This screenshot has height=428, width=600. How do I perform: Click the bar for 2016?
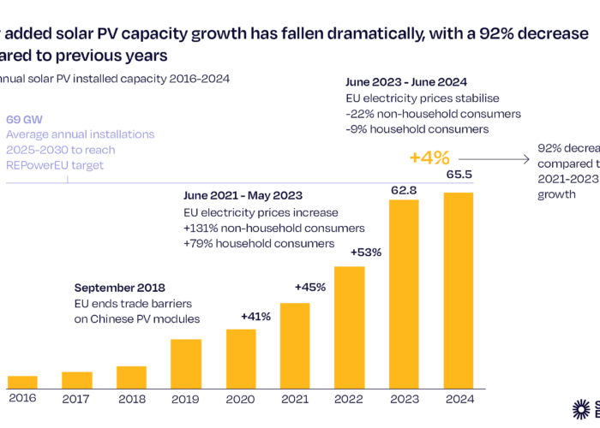coord(21,381)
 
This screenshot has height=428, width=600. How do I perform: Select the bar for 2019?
coord(186,363)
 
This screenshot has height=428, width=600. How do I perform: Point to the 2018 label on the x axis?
coord(131,398)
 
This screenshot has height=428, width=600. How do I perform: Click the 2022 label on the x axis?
coord(349,398)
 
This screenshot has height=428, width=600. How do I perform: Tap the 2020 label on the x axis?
coord(240,398)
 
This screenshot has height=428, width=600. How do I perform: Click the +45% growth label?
coord(309,288)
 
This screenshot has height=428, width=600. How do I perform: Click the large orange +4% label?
coord(428,158)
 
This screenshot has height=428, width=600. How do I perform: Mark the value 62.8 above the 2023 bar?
coord(404,182)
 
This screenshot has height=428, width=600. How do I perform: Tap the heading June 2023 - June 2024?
coord(405,83)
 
